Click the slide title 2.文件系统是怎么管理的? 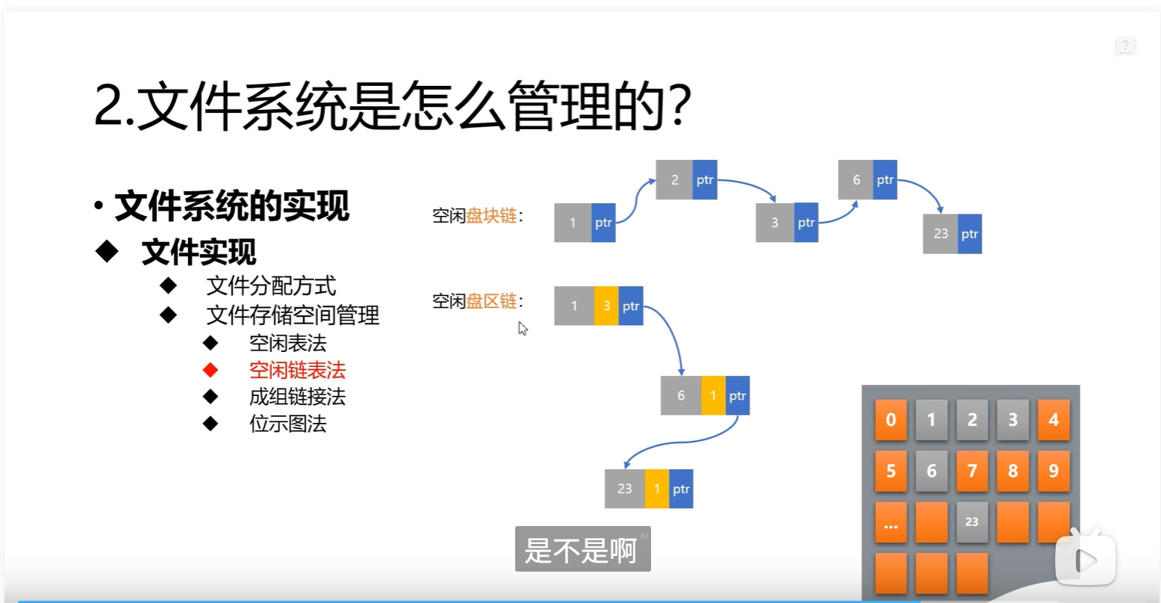pyautogui.click(x=392, y=106)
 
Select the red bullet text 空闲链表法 pyautogui.click(x=297, y=370)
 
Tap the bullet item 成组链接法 pyautogui.click(x=297, y=397)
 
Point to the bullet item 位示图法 pyautogui.click(x=287, y=424)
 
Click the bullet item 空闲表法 pyautogui.click(x=287, y=343)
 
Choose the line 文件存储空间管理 pyautogui.click(x=293, y=315)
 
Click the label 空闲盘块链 pyautogui.click(x=478, y=216)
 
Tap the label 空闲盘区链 pyautogui.click(x=478, y=301)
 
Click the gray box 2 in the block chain pyautogui.click(x=674, y=179)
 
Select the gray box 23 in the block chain pyautogui.click(x=940, y=234)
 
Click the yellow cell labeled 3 pyautogui.click(x=606, y=306)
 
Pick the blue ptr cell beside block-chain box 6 pyautogui.click(x=885, y=179)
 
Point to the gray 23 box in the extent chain pyautogui.click(x=624, y=489)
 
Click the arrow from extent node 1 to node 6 pyautogui.click(x=673, y=336)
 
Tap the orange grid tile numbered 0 pyautogui.click(x=891, y=419)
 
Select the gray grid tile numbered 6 pyautogui.click(x=931, y=471)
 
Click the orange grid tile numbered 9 pyautogui.click(x=1053, y=471)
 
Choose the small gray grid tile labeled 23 pyautogui.click(x=971, y=522)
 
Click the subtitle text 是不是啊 pyautogui.click(x=582, y=550)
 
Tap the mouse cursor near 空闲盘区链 pyautogui.click(x=523, y=328)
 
